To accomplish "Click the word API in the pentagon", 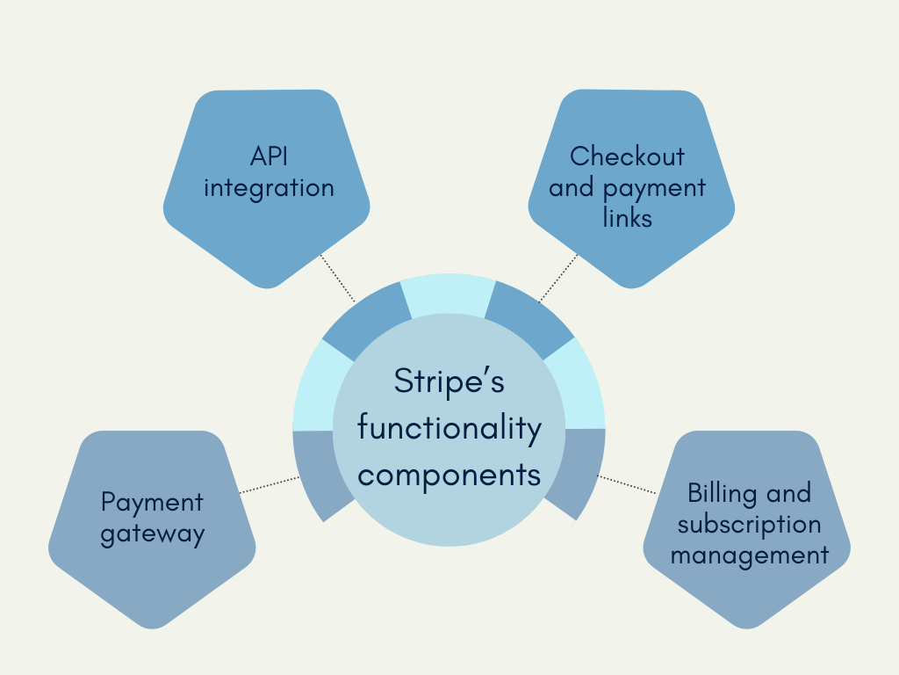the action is click(269, 156).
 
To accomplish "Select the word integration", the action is click(269, 189).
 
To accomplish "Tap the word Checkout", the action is click(627, 156).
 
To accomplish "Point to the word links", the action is click(627, 218).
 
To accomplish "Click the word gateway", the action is click(153, 534).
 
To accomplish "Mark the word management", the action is click(750, 555).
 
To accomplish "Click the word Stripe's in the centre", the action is click(449, 382).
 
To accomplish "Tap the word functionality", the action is click(449, 428).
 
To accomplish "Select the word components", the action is click(449, 476).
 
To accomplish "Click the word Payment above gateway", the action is click(152, 502).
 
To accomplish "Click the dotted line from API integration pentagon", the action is click(338, 278).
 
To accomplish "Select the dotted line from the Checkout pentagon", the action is click(559, 277).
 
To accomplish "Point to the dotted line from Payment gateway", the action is click(269, 484).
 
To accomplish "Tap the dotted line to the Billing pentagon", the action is click(627, 484).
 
